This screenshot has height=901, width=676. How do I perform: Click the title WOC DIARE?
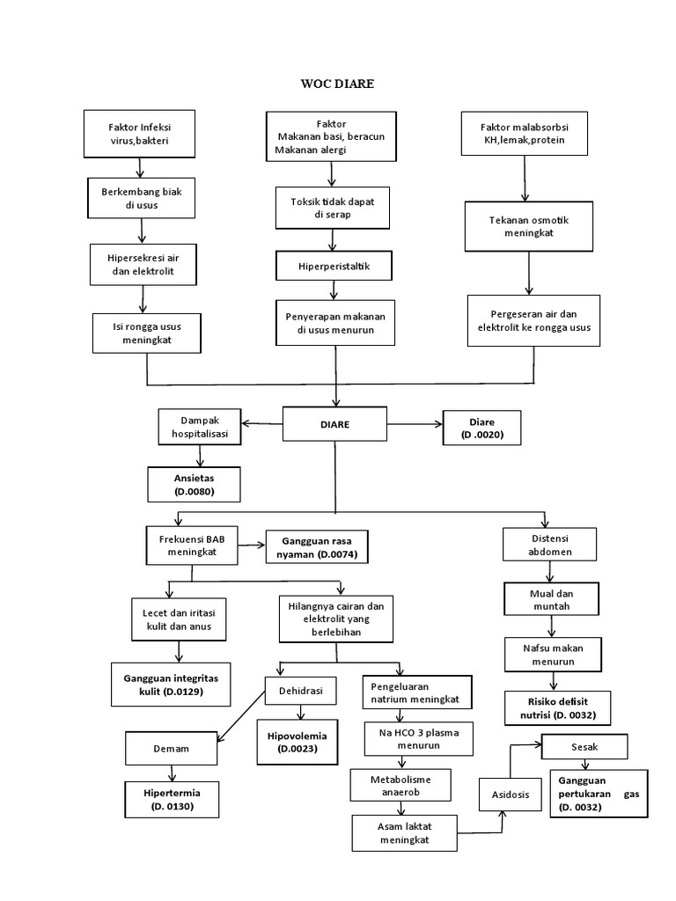[337, 84]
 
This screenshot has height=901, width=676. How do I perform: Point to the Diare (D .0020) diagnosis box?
[481, 427]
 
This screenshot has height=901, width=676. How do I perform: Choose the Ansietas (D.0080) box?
[193, 484]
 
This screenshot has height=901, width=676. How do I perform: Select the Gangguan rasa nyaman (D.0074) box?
[316, 547]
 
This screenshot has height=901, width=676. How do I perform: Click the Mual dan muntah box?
[551, 599]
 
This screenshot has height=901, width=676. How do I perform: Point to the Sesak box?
[584, 747]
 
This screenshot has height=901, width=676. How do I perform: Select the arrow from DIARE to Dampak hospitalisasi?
[261, 423]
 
